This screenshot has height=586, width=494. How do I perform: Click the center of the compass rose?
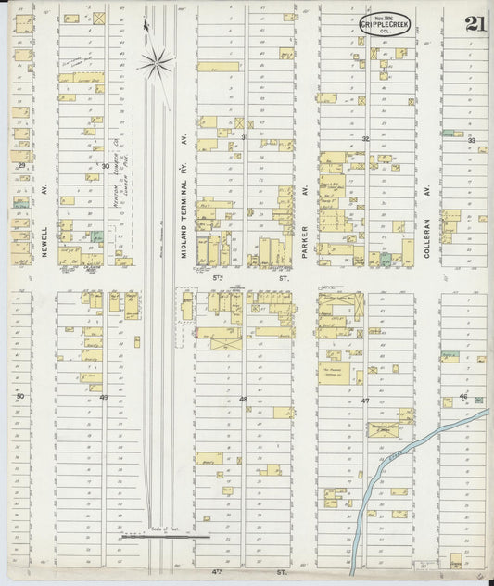coord(156,64)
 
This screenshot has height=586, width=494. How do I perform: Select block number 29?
coord(21,165)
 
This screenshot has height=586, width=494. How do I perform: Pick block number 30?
coord(105,166)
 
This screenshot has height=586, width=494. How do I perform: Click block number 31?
coord(245,137)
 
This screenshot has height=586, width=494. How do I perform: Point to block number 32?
coord(366,139)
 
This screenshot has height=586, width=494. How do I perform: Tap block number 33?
coord(471,140)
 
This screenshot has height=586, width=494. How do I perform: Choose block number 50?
coord(19,396)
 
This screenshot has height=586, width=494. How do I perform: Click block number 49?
coord(104,398)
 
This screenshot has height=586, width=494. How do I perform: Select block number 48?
coord(244,400)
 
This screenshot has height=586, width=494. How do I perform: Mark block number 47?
coord(365,401)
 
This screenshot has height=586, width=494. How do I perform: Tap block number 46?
coord(462,397)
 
